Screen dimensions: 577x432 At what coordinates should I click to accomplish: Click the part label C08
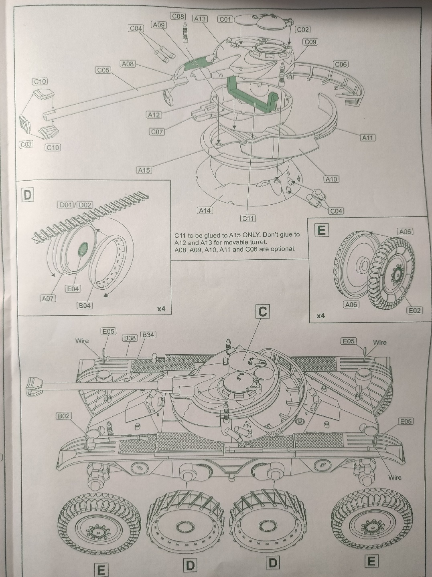point(178,16)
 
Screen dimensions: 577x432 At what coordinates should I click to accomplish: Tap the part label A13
point(199,19)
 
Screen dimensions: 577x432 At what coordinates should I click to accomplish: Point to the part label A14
point(205,210)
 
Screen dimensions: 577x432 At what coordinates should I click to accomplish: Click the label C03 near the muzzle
point(26,144)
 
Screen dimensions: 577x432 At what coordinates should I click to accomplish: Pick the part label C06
point(341,64)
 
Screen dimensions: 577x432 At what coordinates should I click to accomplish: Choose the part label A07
point(49,298)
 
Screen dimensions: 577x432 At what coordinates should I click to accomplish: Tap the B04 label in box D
point(85,305)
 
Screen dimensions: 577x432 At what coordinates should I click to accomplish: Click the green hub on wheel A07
point(82,249)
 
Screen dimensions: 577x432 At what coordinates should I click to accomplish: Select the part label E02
point(414,310)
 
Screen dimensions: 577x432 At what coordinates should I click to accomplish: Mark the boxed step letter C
point(263,312)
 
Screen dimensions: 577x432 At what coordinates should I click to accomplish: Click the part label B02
point(64,416)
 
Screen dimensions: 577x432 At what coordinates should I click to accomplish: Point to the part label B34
point(148,335)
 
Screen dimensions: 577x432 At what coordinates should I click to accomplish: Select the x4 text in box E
point(320,316)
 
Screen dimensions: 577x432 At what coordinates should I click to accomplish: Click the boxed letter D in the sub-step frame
point(27,195)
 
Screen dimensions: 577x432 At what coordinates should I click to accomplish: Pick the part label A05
point(405,232)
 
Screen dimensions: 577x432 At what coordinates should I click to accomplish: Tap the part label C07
point(157,131)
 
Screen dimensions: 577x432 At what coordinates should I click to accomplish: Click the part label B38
point(130,338)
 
